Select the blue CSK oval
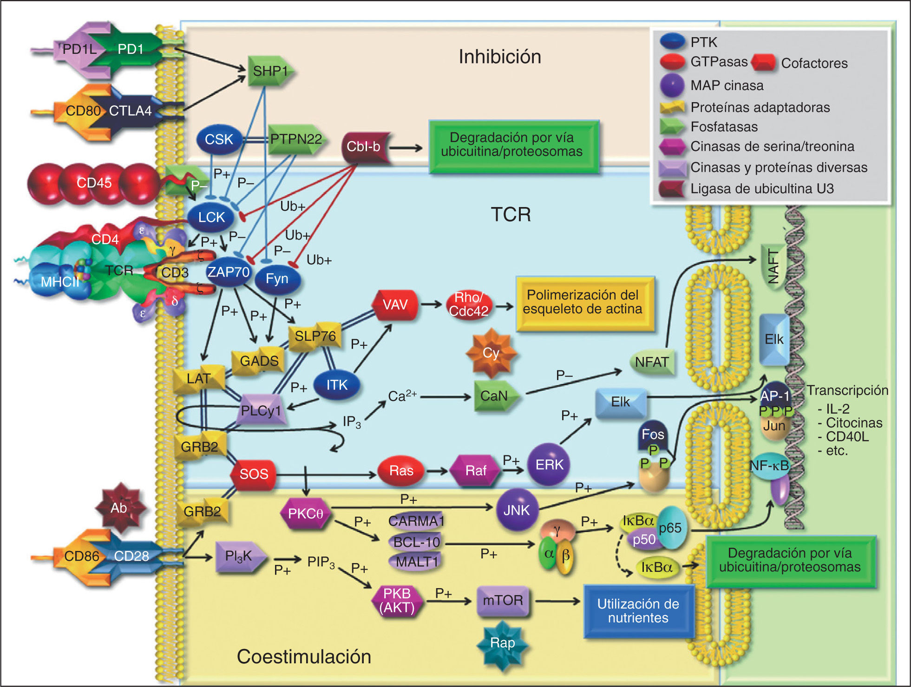pos(219,139)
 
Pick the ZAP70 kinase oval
pos(228,272)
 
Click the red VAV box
pos(395,305)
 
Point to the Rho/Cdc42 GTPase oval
pos(468,305)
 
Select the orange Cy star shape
pos(491,354)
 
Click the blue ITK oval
pos(337,385)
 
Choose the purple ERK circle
pos(549,464)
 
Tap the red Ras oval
pos(401,471)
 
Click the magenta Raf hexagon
pos(476,471)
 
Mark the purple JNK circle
pos(517,510)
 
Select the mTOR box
pos(503,601)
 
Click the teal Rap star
pos(502,643)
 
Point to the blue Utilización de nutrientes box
pos(638,611)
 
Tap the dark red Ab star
pos(119,508)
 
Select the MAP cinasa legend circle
pos(672,85)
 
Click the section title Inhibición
pos(500,57)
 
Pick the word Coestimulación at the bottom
pos(304,656)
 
